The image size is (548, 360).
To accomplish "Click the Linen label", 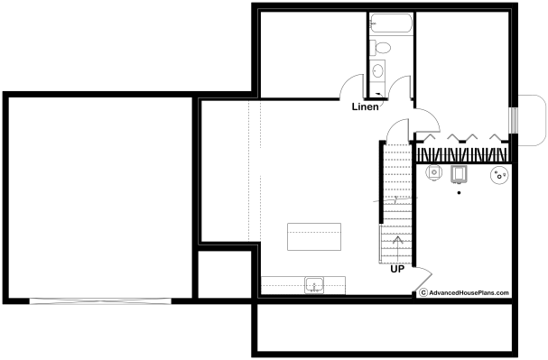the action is click(365, 106).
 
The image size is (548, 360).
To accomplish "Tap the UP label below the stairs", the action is click(397, 269).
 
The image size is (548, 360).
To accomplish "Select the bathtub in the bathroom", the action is click(391, 23).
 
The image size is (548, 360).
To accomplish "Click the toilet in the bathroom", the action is click(380, 48).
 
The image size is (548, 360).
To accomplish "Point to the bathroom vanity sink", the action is click(377, 71).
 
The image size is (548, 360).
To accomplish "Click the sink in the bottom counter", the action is click(314, 285).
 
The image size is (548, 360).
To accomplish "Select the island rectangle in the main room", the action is click(314, 236).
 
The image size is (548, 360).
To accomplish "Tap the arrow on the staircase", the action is click(398, 249).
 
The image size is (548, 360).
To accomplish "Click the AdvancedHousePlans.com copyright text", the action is click(469, 293).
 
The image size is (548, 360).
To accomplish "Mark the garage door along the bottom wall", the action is click(100, 301).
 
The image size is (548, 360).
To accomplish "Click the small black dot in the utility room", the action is click(459, 193).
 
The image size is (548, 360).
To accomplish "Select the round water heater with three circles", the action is click(499, 175).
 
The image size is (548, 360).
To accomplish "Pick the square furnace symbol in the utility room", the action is click(459, 174).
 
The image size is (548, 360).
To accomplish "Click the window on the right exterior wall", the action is click(514, 120).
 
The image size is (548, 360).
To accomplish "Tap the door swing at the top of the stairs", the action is click(398, 130).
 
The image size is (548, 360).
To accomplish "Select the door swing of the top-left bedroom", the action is click(352, 87).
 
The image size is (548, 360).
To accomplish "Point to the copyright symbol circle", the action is click(423, 292).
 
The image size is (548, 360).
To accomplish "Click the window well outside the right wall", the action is click(532, 120).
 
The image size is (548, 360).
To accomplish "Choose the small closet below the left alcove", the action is click(225, 274).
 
